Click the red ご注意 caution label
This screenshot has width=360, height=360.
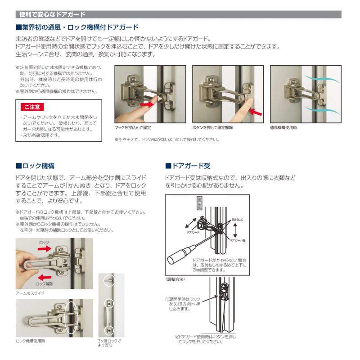pos(32,107)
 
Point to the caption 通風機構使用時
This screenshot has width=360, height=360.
pos(283,128)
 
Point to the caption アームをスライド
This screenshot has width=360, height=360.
pos(30,293)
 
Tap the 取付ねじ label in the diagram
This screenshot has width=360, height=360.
pos(237,219)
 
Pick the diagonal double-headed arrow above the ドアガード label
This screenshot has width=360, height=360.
pos(192,222)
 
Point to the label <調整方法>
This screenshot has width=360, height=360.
pos(175,280)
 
